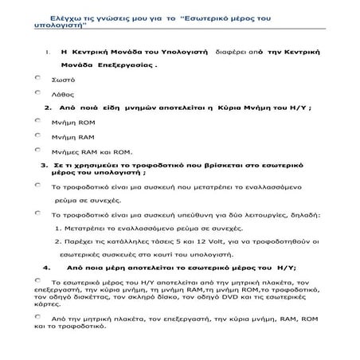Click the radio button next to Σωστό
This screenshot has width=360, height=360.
tap(39, 78)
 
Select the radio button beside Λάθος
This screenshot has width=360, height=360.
tap(39, 92)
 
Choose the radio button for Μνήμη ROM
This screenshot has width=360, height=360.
tap(39, 120)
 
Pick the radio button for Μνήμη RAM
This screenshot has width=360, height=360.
tap(39, 135)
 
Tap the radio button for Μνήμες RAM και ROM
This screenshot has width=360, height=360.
tap(39, 149)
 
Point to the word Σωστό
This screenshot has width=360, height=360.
tap(63, 80)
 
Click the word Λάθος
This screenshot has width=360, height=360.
tap(63, 94)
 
